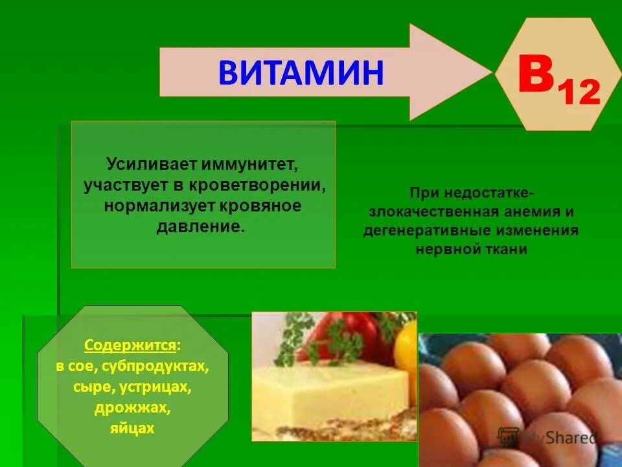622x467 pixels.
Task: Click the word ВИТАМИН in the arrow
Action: [301, 72]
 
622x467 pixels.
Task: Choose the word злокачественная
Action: [433, 212]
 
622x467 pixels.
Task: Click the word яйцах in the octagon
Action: [132, 429]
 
